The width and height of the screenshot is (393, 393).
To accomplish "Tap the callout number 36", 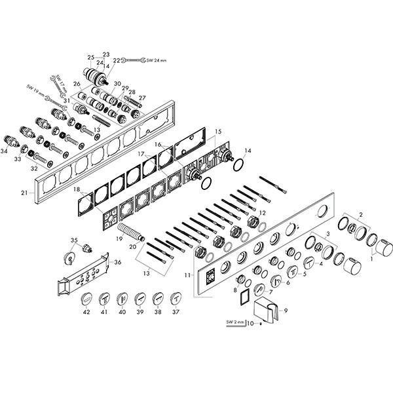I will [x=117, y=262].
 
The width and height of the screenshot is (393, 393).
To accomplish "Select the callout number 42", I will [x=86, y=313].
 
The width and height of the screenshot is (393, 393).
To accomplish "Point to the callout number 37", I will [x=175, y=313].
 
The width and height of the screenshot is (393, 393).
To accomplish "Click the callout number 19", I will [x=119, y=239].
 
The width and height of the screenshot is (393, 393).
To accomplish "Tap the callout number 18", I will [x=77, y=189].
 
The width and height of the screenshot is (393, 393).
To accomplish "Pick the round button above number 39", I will [x=140, y=299].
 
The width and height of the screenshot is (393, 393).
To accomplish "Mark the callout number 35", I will [x=74, y=240].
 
